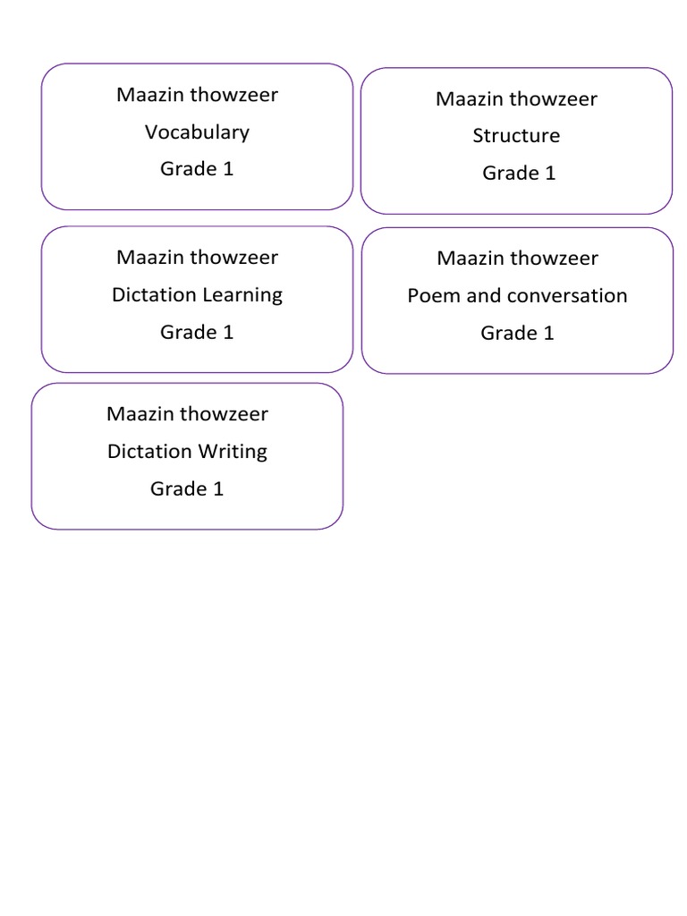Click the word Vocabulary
197,132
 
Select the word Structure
516,136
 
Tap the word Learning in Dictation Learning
242,295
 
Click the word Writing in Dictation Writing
233,451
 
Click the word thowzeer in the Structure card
555,99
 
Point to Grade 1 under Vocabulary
197,169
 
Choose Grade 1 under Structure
519,174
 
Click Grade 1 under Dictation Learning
197,332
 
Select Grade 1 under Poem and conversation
517,334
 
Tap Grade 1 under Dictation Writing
187,488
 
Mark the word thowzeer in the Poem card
556,259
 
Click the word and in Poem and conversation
484,296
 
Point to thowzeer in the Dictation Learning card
235,258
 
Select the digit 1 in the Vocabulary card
228,169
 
